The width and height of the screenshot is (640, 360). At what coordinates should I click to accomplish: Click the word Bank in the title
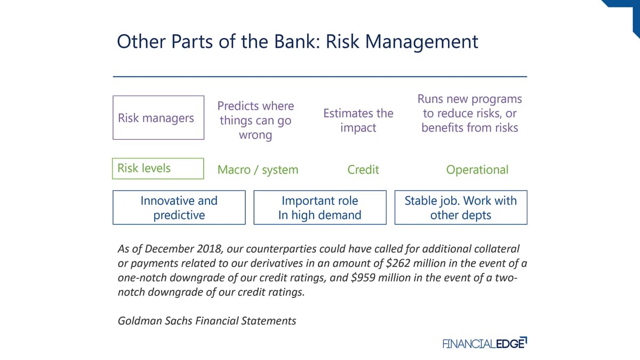(297, 42)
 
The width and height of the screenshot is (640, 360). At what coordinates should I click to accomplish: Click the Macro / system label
(258, 170)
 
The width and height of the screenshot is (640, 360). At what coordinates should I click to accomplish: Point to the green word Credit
(363, 170)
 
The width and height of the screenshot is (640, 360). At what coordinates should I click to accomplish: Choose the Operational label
(477, 170)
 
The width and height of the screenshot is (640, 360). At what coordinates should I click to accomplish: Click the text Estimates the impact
(358, 121)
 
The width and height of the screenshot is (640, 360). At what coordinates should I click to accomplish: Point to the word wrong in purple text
(255, 135)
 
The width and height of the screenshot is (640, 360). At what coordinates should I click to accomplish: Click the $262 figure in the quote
(398, 263)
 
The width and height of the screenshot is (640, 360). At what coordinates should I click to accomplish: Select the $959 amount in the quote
(363, 278)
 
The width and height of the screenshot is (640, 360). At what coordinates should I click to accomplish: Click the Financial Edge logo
(485, 343)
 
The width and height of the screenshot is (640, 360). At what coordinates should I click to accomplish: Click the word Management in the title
(422, 42)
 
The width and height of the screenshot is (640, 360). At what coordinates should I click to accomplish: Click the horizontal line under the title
(320, 77)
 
